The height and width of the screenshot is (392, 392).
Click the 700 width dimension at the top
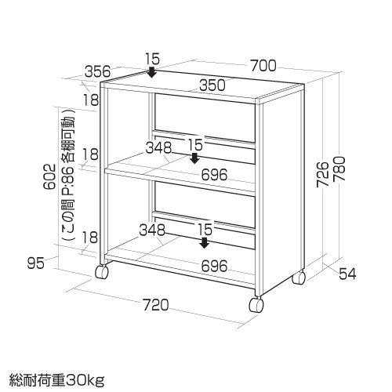pos(263,66)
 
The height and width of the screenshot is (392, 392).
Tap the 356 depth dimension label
pos(98,71)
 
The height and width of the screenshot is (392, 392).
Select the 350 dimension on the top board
pos(212,85)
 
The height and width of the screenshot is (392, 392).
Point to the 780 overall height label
pos(339,169)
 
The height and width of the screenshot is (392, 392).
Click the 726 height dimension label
pos(323,174)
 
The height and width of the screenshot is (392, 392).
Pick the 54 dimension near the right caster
pos(347,274)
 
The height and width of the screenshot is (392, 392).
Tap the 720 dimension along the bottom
pos(156,305)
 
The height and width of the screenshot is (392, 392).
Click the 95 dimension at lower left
pos(36,263)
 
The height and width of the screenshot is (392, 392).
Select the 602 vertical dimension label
pos(49,176)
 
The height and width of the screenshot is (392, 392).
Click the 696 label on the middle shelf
pos(214,175)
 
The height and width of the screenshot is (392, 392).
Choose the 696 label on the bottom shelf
pos(214,267)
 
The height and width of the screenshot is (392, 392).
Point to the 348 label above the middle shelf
pos(158,147)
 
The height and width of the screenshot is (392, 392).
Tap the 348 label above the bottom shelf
pos(152,230)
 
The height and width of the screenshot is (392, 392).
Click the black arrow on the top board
pos(151,72)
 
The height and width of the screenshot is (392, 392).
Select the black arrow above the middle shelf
pos(194,158)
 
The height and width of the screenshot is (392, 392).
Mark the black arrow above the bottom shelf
pos(204,242)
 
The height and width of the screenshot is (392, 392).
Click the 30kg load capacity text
pos(85,381)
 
